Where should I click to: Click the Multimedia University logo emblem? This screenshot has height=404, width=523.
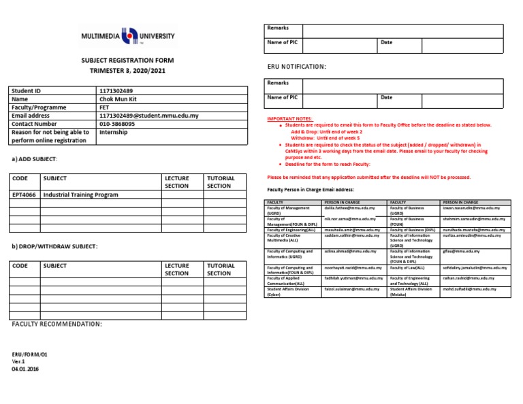click(x=128, y=36)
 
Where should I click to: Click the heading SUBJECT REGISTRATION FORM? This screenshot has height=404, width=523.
click(x=123, y=61)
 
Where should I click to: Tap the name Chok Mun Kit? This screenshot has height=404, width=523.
click(x=118, y=99)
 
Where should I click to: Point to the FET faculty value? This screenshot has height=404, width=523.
click(x=105, y=107)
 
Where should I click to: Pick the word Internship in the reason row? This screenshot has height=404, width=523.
click(x=114, y=133)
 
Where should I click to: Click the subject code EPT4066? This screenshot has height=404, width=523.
click(x=24, y=195)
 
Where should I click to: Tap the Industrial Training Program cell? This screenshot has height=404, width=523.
click(x=80, y=195)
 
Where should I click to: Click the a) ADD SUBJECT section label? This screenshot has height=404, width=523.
click(x=35, y=158)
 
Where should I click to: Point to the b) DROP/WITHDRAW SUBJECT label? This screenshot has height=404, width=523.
click(x=54, y=246)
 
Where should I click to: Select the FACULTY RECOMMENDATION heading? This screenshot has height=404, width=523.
click(x=57, y=324)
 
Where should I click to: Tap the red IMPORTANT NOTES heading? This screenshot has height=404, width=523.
click(x=290, y=119)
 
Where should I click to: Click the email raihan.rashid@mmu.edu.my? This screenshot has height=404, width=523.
click(x=469, y=278)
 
